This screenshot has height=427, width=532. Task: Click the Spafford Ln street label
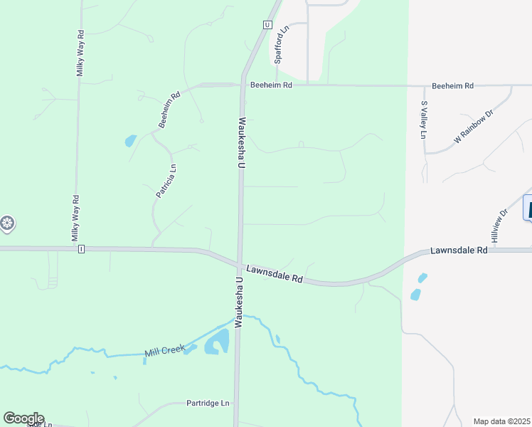(282, 45)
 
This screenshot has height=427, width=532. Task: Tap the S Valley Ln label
(424, 120)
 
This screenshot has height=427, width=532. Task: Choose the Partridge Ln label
(208, 403)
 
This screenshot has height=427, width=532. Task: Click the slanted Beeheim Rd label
(170, 110)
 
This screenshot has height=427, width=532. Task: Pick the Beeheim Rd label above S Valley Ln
(452, 86)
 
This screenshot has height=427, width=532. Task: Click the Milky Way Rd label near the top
(81, 52)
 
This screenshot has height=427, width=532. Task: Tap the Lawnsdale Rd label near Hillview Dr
(459, 251)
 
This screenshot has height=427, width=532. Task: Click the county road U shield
(267, 24)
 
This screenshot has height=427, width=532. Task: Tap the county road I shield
(82, 249)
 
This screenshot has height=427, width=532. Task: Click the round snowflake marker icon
(7, 225)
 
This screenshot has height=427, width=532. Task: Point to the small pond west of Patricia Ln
(130, 140)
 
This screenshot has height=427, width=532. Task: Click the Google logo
(23, 418)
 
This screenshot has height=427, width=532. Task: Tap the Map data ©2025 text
(501, 421)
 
